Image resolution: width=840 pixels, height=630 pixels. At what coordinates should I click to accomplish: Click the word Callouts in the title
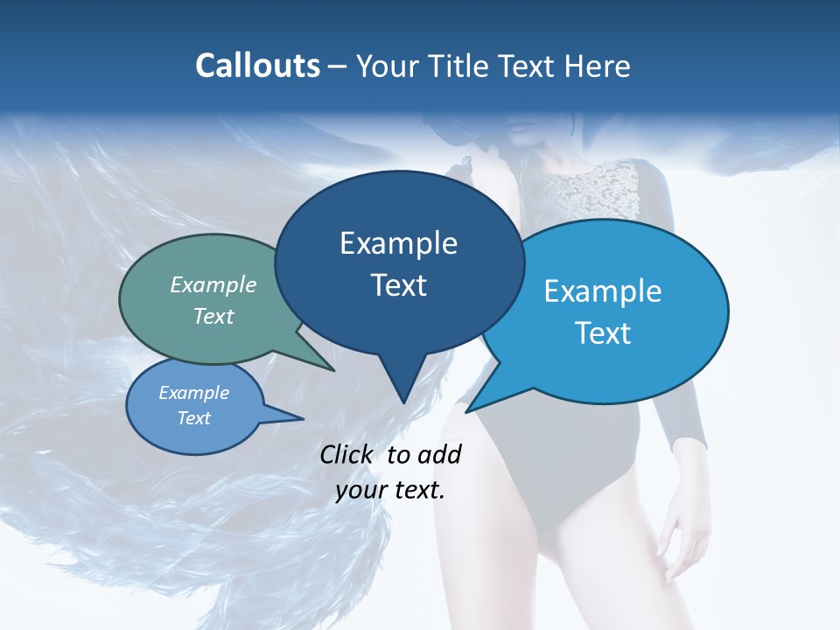[x=257, y=66]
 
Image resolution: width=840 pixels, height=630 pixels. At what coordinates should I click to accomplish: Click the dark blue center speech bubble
[x=399, y=262]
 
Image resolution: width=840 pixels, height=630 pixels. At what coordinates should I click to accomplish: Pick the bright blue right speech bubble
[x=612, y=311]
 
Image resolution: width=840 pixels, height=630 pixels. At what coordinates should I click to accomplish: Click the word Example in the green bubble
[x=213, y=284]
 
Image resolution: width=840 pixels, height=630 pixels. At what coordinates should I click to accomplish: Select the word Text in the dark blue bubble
[x=399, y=285]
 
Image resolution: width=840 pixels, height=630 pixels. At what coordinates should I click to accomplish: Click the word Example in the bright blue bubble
[x=603, y=291]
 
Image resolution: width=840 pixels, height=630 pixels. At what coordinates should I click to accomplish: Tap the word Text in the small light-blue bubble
[x=194, y=418]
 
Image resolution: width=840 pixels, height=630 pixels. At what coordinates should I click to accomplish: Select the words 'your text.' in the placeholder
[x=390, y=490]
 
